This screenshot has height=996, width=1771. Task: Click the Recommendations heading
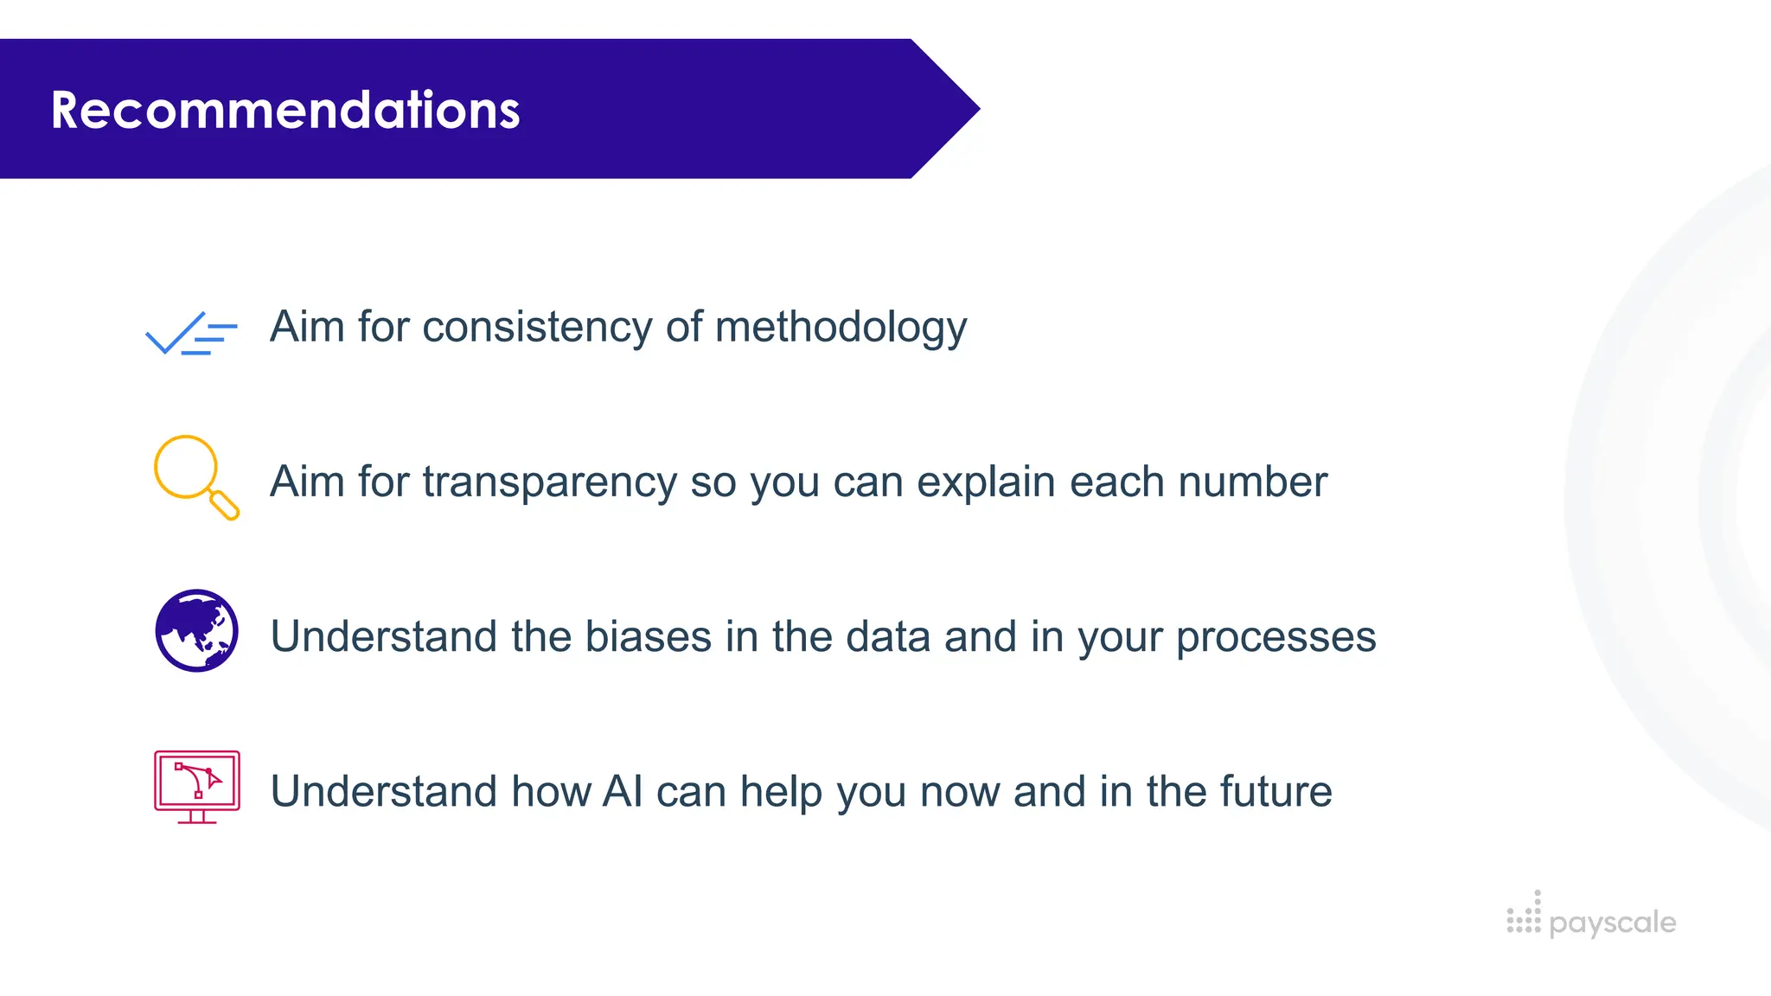pyautogui.click(x=285, y=110)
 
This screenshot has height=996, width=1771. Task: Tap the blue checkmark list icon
pyautogui.click(x=191, y=334)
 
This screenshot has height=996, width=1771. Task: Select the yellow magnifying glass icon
pyautogui.click(x=195, y=476)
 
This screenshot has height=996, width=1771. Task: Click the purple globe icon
pyautogui.click(x=197, y=630)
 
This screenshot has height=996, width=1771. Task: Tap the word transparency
pyautogui.click(x=549, y=482)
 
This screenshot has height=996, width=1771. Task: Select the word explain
pyautogui.click(x=986, y=482)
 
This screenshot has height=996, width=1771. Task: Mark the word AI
pyautogui.click(x=623, y=791)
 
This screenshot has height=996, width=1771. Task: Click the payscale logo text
pyautogui.click(x=1613, y=923)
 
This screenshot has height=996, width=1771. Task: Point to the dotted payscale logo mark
pyautogui.click(x=1524, y=915)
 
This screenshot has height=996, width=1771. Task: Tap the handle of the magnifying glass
pyautogui.click(x=225, y=505)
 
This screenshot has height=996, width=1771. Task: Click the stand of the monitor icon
pyautogui.click(x=197, y=816)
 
